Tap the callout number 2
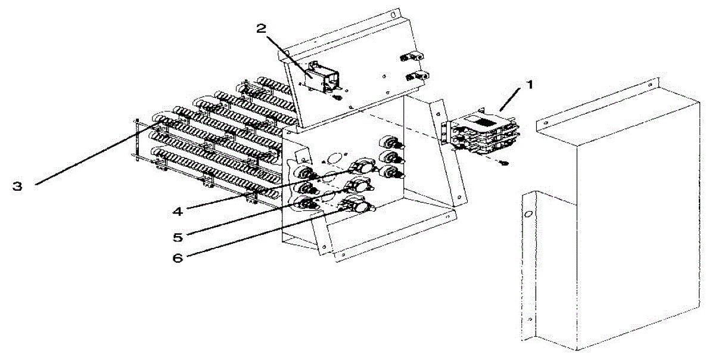coord(260,27)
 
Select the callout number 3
coord(18,186)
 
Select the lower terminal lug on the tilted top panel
coord(415,77)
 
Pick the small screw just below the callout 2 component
coord(337,97)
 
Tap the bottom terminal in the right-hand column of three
coord(391,173)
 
